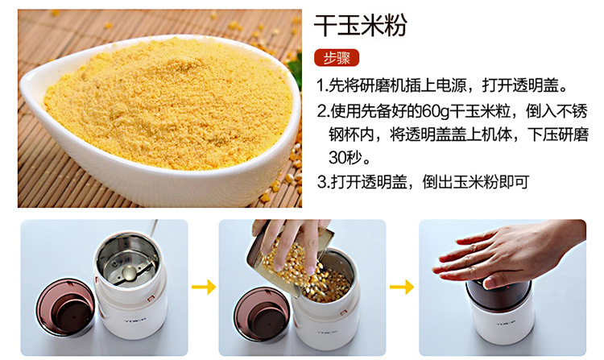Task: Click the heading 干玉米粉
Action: pyautogui.click(x=361, y=26)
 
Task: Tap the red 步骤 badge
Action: pyautogui.click(x=337, y=58)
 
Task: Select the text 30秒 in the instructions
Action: pyautogui.click(x=344, y=157)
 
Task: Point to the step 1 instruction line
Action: pyautogui.click(x=442, y=85)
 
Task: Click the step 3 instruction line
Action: pyautogui.click(x=423, y=182)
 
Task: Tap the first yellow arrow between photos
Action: pyautogui.click(x=204, y=287)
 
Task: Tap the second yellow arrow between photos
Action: pyautogui.click(x=402, y=287)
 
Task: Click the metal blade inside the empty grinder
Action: pyautogui.click(x=128, y=272)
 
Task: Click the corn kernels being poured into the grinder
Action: pyautogui.click(x=308, y=270)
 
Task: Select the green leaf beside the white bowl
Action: pyautogui.click(x=296, y=71)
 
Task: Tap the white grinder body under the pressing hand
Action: pyautogui.click(x=501, y=323)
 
